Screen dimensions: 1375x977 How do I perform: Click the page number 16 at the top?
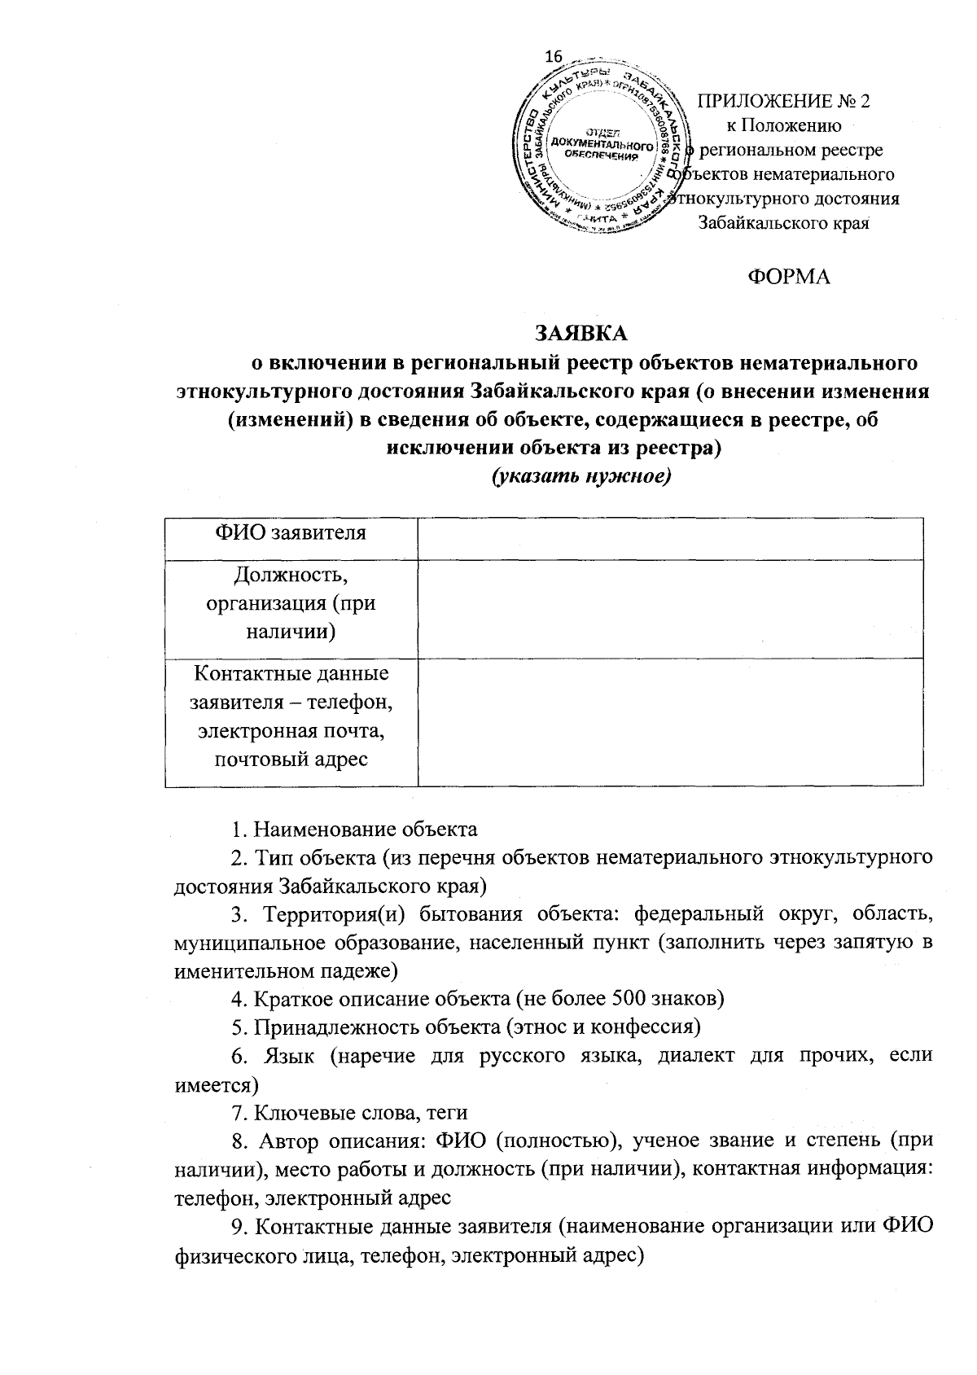coord(554,56)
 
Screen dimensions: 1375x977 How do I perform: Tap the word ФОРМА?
coord(789,277)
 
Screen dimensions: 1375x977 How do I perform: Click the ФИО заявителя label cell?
coord(291,533)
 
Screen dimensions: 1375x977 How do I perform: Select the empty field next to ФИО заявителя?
coord(670,537)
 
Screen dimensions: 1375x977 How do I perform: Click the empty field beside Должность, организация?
coord(670,608)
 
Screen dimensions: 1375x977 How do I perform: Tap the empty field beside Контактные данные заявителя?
coord(670,722)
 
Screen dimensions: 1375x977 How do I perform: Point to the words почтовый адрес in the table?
coord(291,760)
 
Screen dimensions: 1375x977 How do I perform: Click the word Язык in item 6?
coord(287,1056)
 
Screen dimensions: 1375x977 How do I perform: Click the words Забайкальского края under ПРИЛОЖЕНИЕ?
coord(785,223)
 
